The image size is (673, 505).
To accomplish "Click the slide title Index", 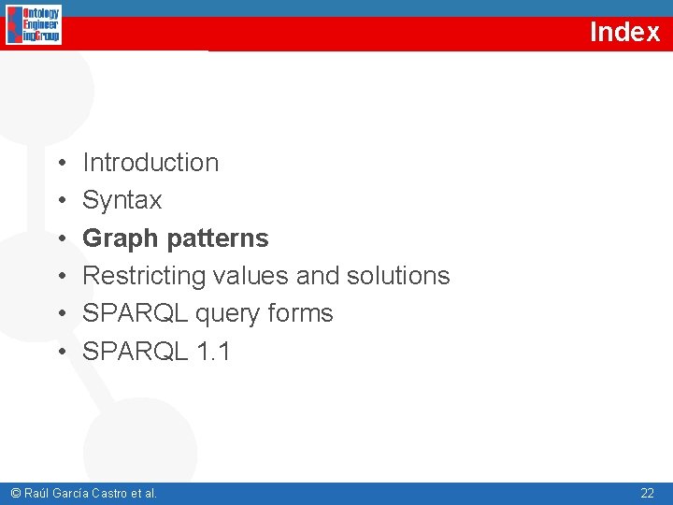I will [x=624, y=32].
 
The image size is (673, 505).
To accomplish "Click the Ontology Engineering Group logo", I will [x=34, y=25].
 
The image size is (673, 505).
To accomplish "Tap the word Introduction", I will [x=150, y=163].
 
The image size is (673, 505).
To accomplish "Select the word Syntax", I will [x=122, y=200].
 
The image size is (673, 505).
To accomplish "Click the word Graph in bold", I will [x=121, y=238].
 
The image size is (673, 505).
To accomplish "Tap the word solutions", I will [x=398, y=276].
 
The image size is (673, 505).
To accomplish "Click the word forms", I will [x=303, y=313].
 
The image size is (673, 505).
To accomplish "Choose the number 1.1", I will [x=214, y=352].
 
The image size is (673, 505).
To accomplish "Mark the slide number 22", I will [x=647, y=493].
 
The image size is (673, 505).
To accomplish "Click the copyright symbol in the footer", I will [x=14, y=493].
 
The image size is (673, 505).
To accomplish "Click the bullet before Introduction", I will [x=59, y=164].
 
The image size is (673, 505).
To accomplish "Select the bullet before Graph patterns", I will [x=59, y=239].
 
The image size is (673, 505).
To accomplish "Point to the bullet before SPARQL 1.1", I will [x=59, y=353].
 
